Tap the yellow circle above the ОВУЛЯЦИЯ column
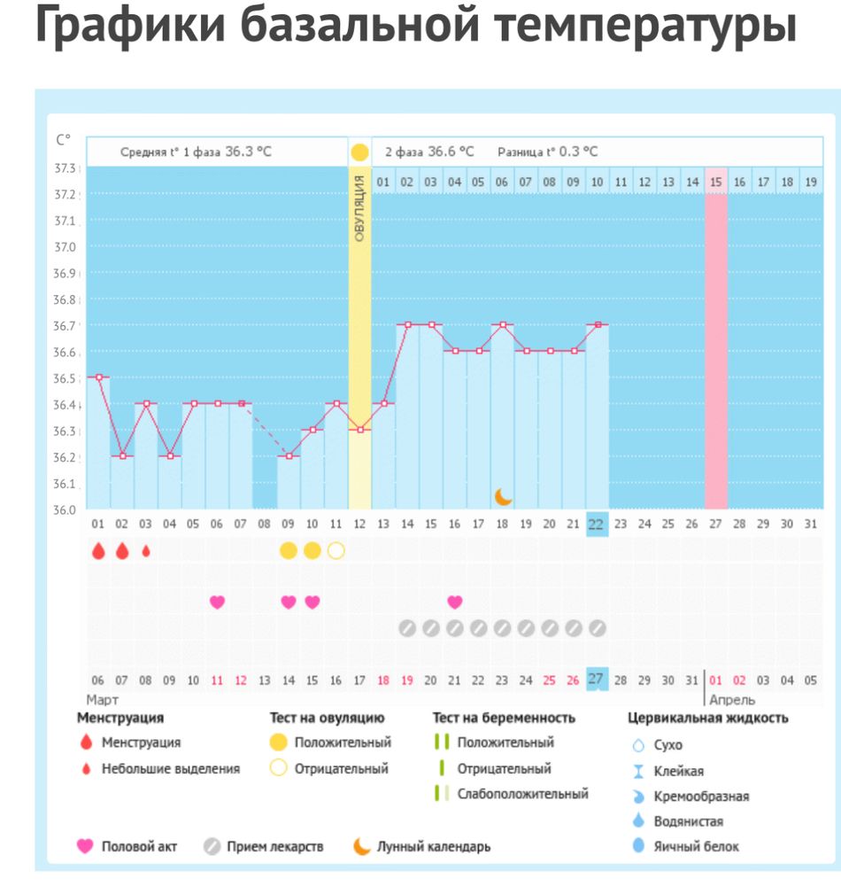[359, 152]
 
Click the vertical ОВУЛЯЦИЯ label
[359, 209]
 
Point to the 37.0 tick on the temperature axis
[66, 247]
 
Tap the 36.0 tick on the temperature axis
[66, 510]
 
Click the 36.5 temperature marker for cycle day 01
[98, 377]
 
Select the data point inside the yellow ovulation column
[359, 430]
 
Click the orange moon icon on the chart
[503, 496]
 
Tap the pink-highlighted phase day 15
[715, 183]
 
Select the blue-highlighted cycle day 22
[596, 525]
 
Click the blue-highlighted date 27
[596, 680]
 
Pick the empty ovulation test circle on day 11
[336, 551]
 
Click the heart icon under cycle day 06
[217, 602]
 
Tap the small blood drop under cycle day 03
[146, 551]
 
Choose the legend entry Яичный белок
[697, 846]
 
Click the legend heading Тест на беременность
[504, 718]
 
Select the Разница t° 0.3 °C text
[547, 152]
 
